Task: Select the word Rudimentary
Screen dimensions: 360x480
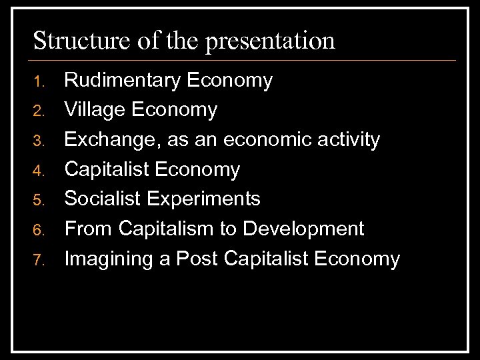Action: click(123, 81)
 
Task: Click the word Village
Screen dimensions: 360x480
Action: click(94, 110)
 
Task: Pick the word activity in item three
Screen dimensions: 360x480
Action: click(349, 140)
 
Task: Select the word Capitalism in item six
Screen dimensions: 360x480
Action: click(171, 229)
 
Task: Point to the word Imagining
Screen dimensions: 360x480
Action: click(107, 259)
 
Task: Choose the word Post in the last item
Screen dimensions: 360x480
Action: click(198, 258)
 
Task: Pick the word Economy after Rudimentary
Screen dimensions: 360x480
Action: click(230, 81)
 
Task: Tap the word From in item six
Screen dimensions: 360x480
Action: click(89, 229)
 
